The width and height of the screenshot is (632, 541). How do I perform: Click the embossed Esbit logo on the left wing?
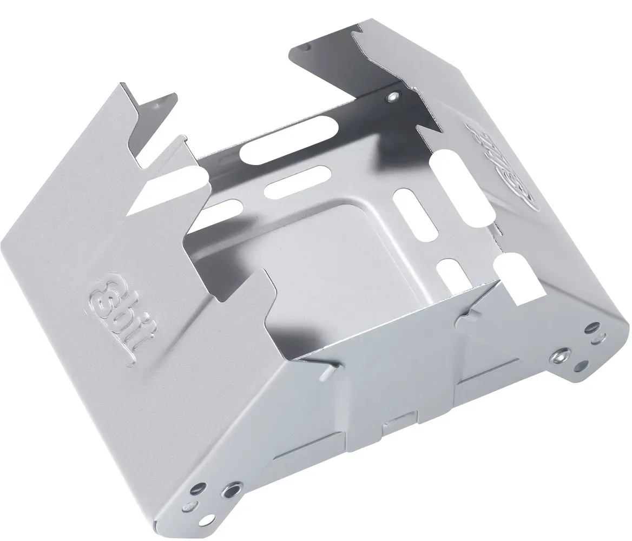pos(123,315)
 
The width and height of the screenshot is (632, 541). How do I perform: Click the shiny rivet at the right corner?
pos(560,355)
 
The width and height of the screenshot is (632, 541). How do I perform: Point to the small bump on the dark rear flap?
pos(306,48)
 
